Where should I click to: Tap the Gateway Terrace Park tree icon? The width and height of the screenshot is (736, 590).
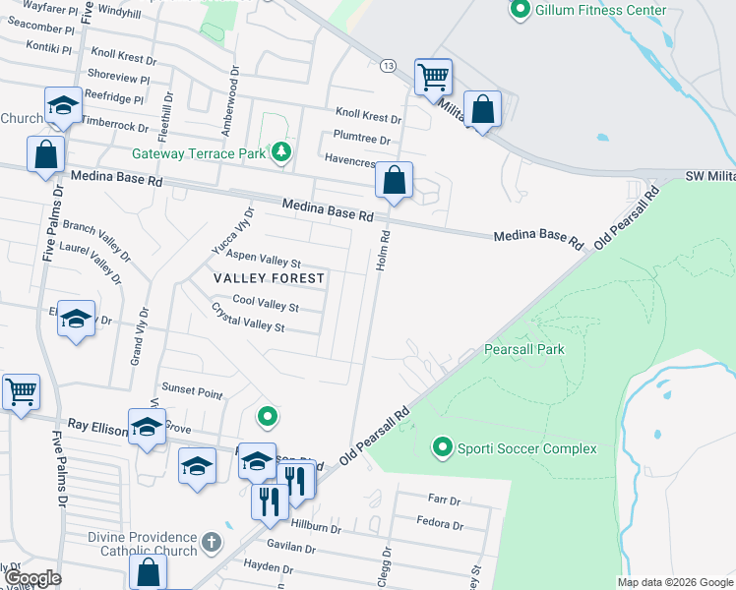tap(282, 151)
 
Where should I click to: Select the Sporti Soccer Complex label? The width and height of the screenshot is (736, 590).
tap(527, 448)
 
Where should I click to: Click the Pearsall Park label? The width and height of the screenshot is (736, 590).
tap(523, 349)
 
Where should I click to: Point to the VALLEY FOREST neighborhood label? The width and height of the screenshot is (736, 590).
tap(270, 278)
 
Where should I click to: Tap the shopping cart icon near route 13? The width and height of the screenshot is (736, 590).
tap(433, 76)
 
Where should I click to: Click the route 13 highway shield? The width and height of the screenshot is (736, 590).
tap(389, 66)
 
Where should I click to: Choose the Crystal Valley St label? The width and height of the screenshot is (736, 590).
tap(247, 317)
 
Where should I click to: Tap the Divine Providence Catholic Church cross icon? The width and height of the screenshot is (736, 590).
tap(211, 542)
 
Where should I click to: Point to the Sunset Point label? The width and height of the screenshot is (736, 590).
tap(192, 390)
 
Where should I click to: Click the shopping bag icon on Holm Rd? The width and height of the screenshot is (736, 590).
tap(394, 181)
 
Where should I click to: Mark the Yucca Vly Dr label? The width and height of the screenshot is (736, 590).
tap(232, 231)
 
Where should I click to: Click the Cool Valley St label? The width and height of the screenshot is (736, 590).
tap(265, 304)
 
